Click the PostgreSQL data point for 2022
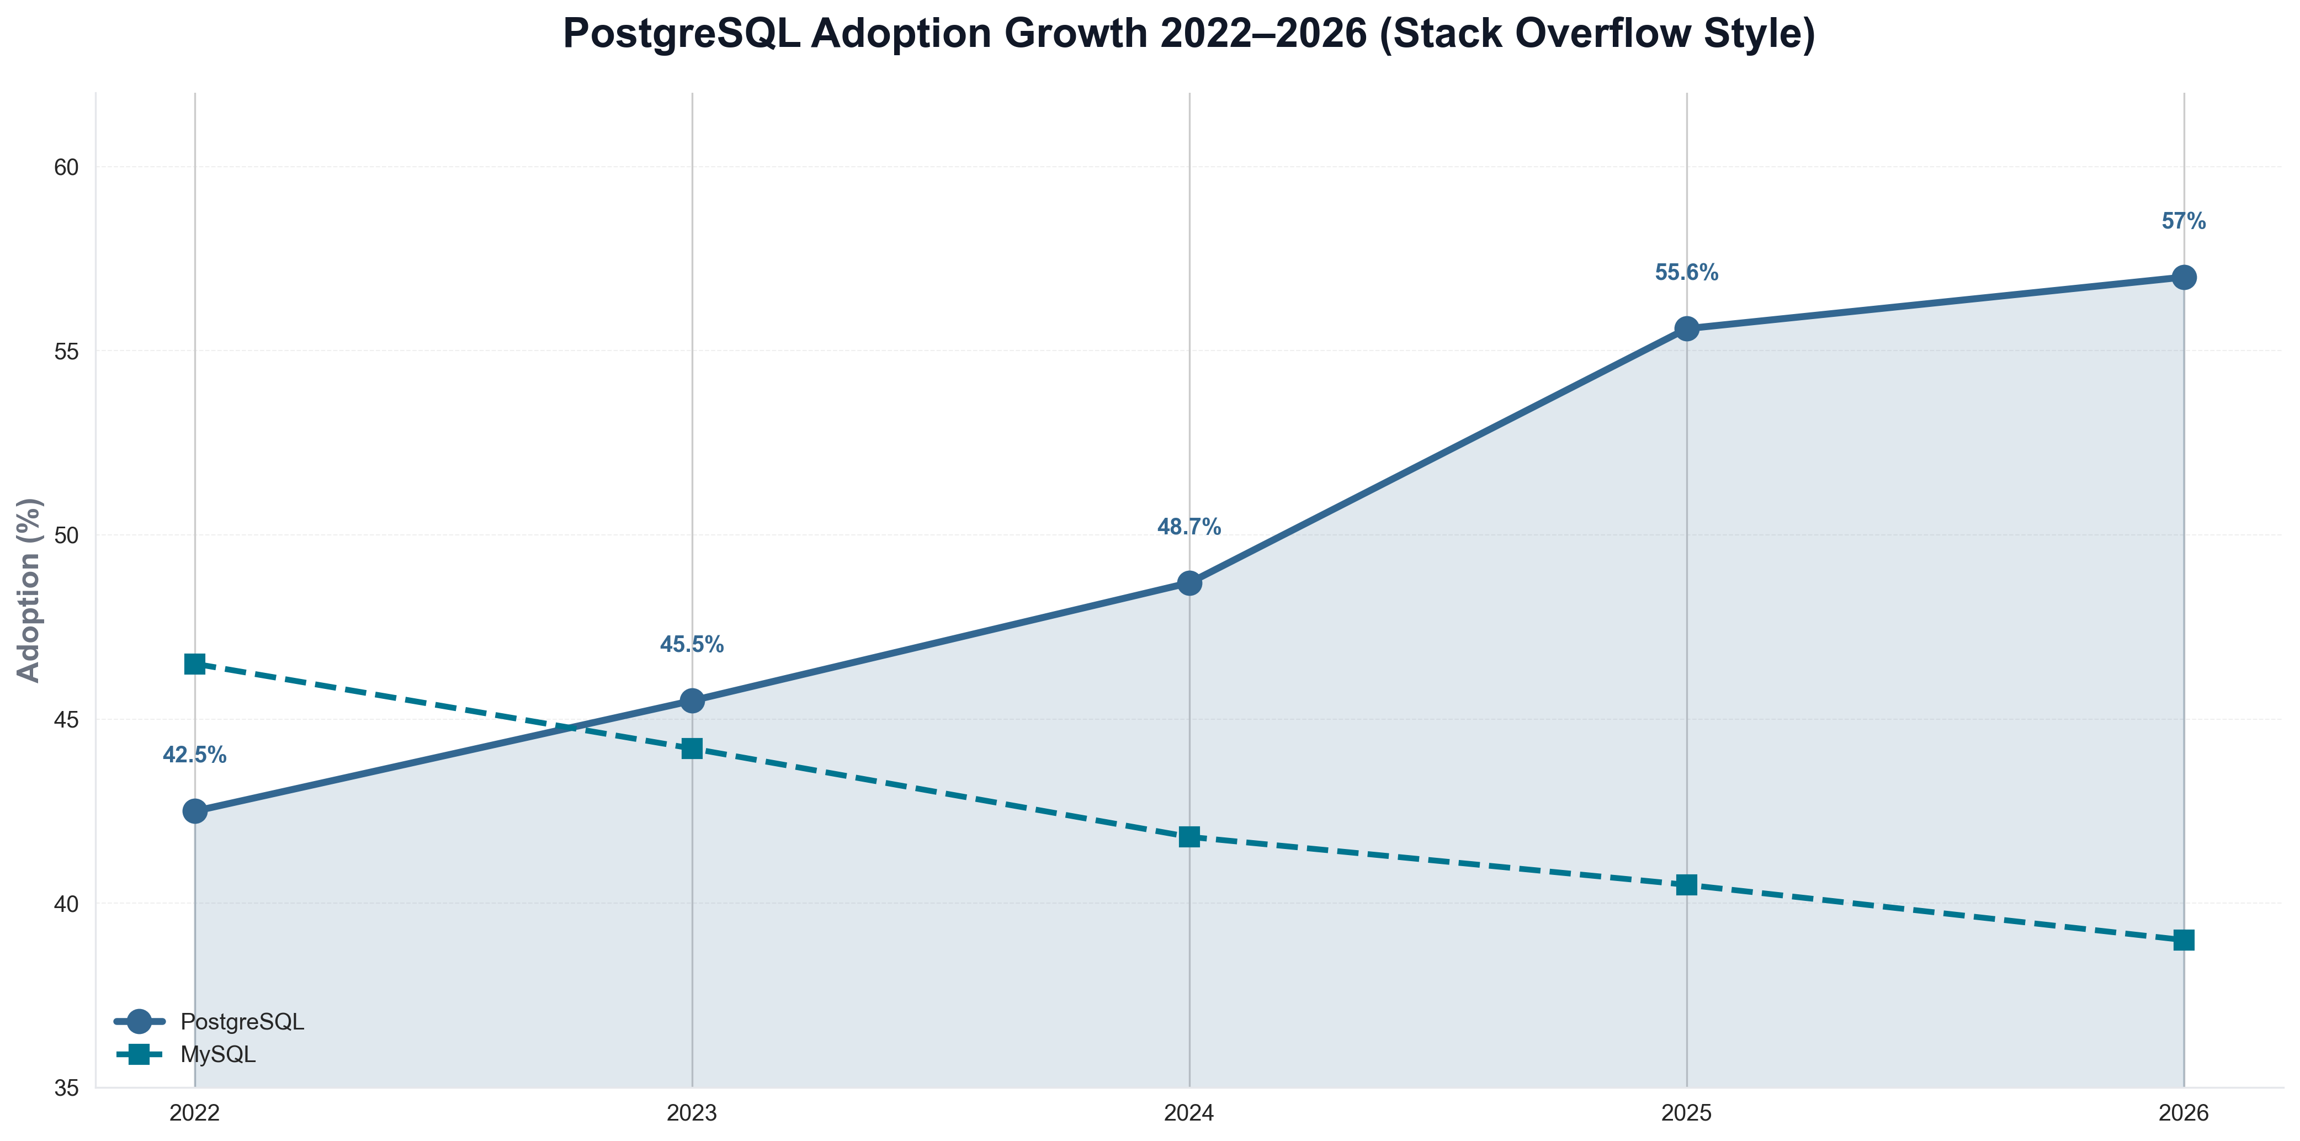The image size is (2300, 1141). click(195, 811)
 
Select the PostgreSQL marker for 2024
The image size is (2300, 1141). click(1189, 583)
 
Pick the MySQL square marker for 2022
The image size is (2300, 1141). click(195, 664)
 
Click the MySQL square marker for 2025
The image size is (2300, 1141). click(1687, 885)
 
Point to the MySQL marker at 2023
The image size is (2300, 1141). click(692, 748)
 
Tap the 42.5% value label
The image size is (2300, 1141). click(195, 755)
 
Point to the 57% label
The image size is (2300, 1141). click(2184, 221)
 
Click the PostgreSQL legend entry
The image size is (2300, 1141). click(242, 1021)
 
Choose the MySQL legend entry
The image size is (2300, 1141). click(218, 1054)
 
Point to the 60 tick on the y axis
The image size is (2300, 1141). click(66, 167)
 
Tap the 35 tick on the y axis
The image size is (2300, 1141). click(66, 1089)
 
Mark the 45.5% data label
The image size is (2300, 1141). click(692, 645)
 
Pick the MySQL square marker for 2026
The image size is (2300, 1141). click(2184, 940)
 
